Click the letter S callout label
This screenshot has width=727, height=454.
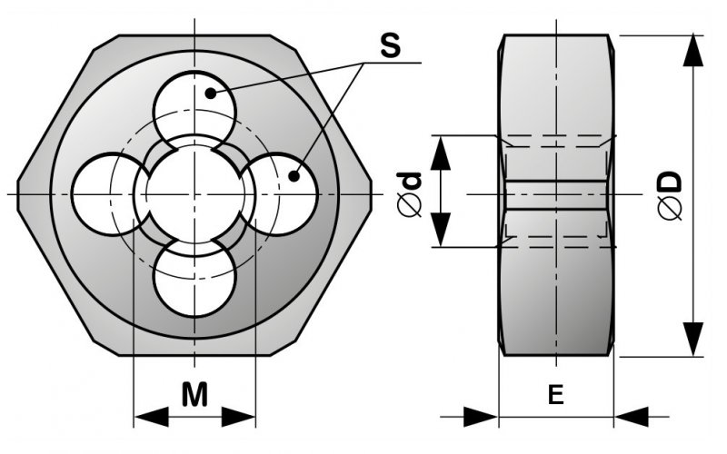390,46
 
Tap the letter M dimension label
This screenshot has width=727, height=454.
194,394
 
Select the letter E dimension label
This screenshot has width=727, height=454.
555,395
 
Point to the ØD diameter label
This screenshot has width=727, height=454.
671,195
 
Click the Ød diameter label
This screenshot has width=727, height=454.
410,194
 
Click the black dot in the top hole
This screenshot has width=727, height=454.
211,94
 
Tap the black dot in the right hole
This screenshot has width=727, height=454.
294,176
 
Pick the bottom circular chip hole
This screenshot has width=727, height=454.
194,282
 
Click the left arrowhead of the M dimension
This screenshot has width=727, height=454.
151,417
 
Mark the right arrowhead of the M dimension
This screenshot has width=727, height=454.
238,417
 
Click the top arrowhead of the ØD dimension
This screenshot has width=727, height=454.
693,50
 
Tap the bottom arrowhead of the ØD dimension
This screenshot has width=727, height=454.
693,340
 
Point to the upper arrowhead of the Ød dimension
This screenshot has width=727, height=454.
441,153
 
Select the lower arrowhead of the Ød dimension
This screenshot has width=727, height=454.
441,230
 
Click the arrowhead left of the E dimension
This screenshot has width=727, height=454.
481,417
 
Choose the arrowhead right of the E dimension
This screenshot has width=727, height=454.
632,417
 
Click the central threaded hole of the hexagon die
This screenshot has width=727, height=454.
194,194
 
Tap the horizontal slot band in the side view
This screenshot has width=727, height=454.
555,194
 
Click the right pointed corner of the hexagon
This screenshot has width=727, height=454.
371,194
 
